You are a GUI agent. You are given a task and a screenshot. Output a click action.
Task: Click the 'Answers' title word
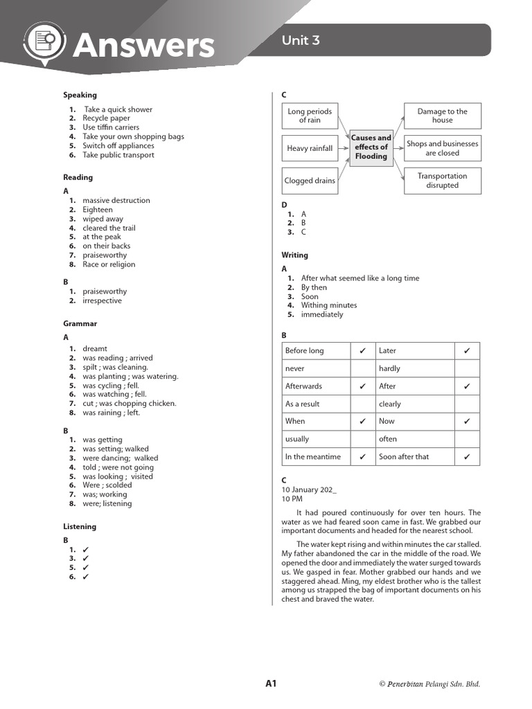pos(144,46)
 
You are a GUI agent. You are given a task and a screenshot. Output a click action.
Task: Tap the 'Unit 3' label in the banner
pos(301,40)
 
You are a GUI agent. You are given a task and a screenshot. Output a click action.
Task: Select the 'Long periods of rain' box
pos(310,116)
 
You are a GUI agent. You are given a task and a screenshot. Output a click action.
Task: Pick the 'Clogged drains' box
pos(310,181)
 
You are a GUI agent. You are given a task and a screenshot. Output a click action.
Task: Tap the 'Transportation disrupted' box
pos(442,181)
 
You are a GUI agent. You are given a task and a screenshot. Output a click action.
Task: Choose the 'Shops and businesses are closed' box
pos(442,148)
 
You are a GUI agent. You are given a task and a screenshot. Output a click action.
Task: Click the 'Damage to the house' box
pos(442,116)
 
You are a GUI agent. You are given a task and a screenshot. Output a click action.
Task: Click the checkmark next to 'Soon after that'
pos(467,457)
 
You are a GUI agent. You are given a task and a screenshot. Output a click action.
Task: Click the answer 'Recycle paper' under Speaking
pos(106,118)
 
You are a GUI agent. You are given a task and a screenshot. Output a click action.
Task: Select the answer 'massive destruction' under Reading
pos(116,201)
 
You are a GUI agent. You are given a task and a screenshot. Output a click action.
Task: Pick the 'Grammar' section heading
pos(80,323)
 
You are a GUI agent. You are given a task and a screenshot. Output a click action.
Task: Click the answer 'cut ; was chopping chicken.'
pos(129,404)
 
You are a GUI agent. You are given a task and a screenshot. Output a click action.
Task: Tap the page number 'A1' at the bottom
pos(271,683)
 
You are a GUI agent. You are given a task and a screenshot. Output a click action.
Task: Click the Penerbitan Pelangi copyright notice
pos(429,684)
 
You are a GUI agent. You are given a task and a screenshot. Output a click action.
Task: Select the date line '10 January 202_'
pos(309,490)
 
